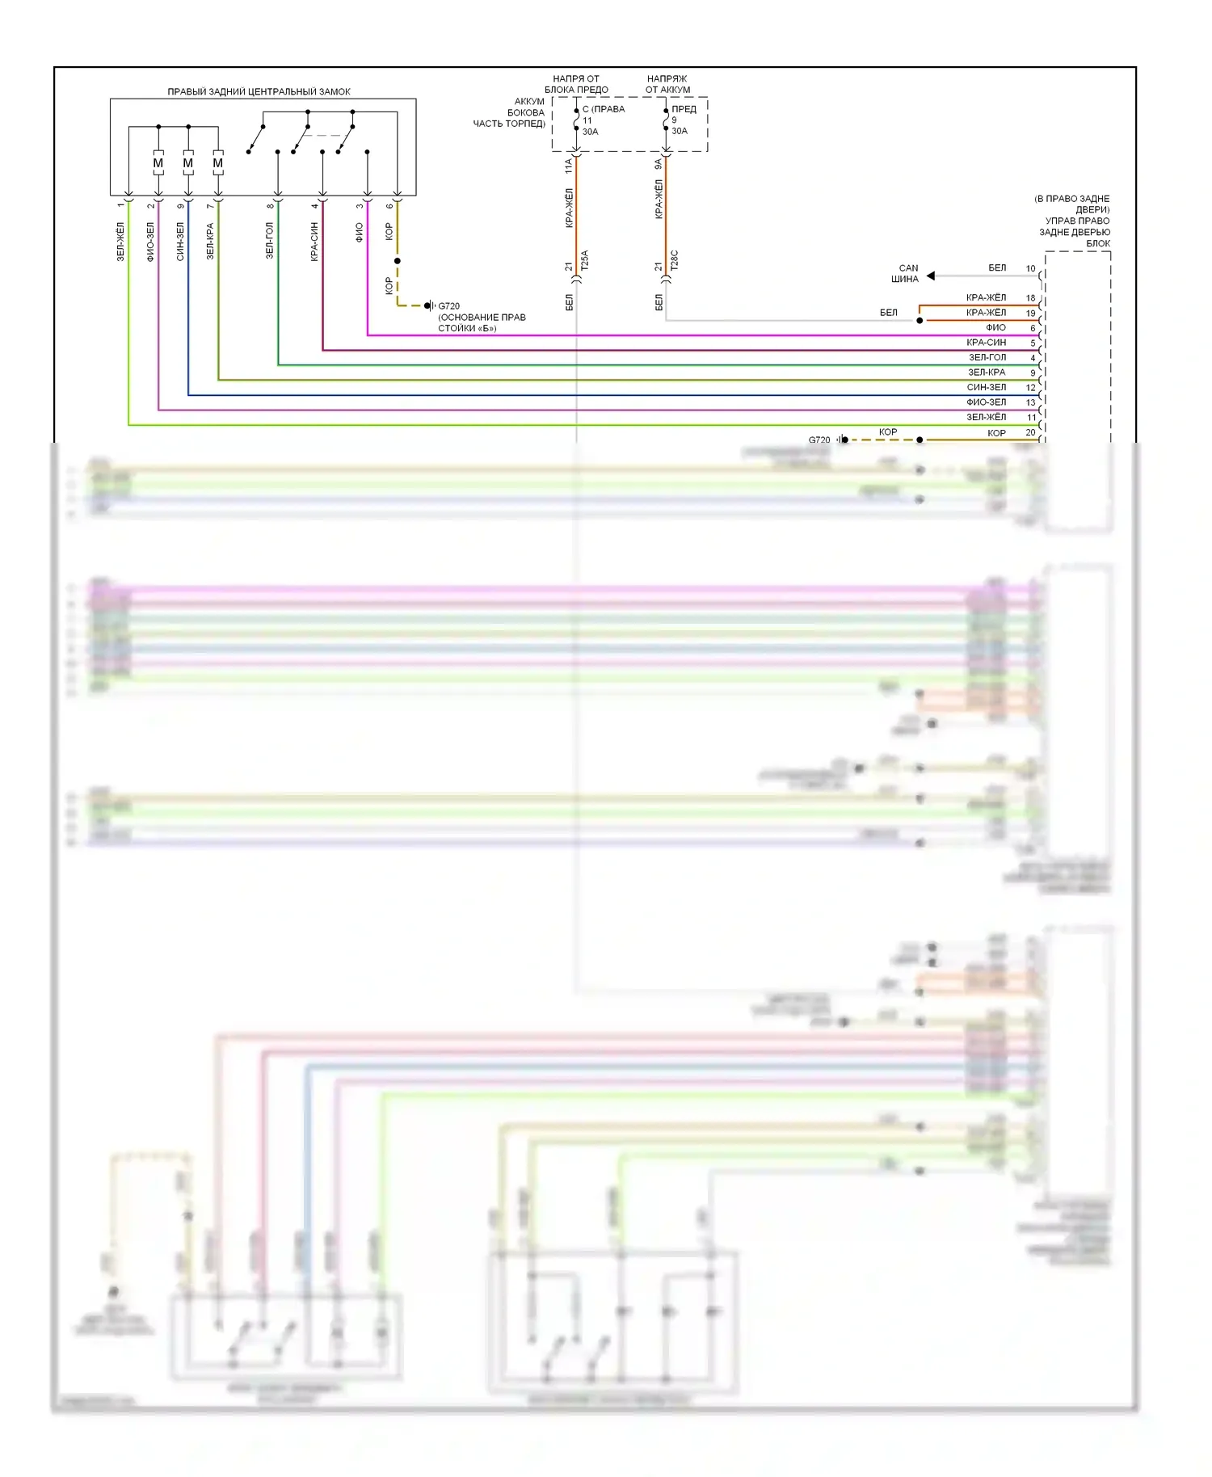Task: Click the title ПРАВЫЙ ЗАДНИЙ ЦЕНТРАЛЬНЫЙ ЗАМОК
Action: tap(259, 91)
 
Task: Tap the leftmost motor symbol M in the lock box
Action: tap(158, 163)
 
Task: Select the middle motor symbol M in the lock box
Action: tap(188, 163)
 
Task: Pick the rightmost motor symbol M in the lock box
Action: tap(218, 163)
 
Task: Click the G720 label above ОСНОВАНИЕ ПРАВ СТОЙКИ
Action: tap(448, 306)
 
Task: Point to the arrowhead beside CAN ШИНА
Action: tap(931, 276)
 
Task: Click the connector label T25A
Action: tap(585, 260)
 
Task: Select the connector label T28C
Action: tap(675, 260)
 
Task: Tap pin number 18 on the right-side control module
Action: tap(1030, 298)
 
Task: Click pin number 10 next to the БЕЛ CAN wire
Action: tap(1030, 268)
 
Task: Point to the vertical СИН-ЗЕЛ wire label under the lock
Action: tap(180, 242)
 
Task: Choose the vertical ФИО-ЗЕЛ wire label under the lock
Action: tap(150, 242)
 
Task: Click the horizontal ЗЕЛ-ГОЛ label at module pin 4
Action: tap(987, 357)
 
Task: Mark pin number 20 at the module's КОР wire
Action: tap(1030, 433)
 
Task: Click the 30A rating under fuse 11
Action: tap(591, 132)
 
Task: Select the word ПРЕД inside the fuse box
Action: tap(684, 109)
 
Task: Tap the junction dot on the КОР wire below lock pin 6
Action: tap(398, 261)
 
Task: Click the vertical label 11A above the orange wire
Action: tap(569, 166)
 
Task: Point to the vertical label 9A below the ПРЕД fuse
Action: tap(659, 165)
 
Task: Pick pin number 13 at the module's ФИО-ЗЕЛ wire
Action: tap(1030, 402)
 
